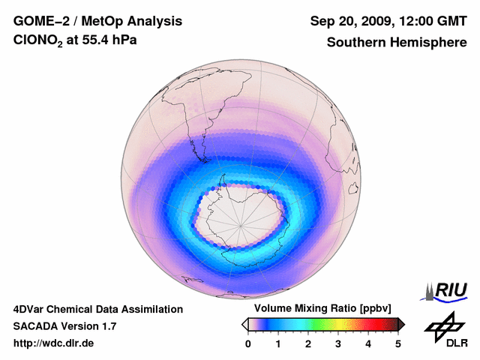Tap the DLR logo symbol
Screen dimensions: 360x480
pos(445,324)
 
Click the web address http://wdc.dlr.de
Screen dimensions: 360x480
pos(54,343)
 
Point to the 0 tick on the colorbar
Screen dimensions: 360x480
pos(248,343)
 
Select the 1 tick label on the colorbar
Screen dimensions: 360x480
pos(278,343)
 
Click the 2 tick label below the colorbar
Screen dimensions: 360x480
pos(308,343)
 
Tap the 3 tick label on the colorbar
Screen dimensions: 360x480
pos(338,343)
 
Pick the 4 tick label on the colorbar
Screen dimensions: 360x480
pos(368,343)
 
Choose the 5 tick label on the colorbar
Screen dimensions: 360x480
pos(398,343)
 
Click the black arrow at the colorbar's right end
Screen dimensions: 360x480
pos(401,324)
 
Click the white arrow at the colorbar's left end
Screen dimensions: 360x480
pos(244,324)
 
